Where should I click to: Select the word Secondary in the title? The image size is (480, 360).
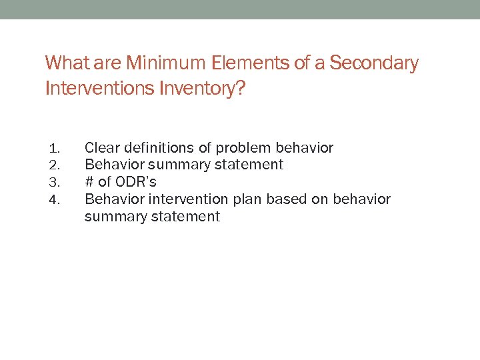tap(374, 64)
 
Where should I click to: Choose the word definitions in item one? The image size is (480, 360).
tap(158, 147)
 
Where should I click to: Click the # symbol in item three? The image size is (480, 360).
tap(89, 182)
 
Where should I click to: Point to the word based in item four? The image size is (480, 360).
tap(281, 199)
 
